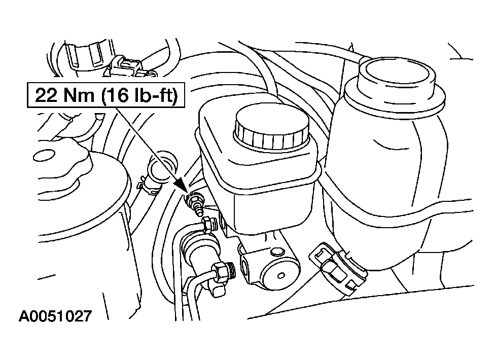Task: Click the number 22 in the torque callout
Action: coord(46,95)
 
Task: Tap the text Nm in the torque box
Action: coord(78,95)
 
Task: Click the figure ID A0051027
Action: coord(55,316)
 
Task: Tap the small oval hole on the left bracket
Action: coord(44,155)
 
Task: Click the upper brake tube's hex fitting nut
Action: coord(208,225)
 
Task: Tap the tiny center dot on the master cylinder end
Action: coord(281,276)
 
